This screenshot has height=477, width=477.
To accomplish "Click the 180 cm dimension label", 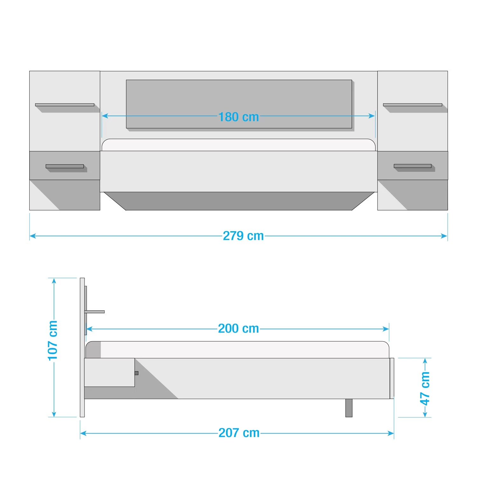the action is pyautogui.click(x=238, y=117).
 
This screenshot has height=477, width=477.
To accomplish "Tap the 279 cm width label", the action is pyautogui.click(x=243, y=236).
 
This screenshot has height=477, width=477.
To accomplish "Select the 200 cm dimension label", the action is pyautogui.click(x=238, y=328).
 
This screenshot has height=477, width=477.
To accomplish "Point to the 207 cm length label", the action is pyautogui.click(x=239, y=433).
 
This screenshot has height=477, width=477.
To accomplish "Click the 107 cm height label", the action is pyautogui.click(x=53, y=341).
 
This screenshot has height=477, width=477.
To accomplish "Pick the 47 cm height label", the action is pyautogui.click(x=425, y=388).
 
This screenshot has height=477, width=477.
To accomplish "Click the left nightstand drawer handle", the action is pyautogui.click(x=65, y=166).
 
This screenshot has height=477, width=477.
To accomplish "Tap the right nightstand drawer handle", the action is pyautogui.click(x=412, y=166).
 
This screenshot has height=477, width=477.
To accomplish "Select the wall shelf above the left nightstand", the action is pyautogui.click(x=65, y=105).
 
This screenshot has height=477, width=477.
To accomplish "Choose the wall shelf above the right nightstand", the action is pyautogui.click(x=412, y=105).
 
